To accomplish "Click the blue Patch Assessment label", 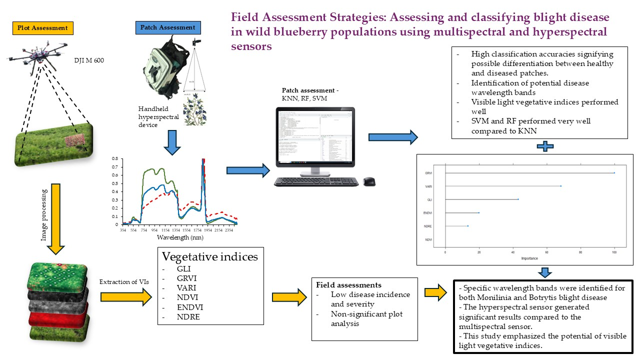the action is pyautogui.click(x=168, y=27).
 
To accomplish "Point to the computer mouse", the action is pyautogui.click(x=369, y=182).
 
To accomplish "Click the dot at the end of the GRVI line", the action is pyautogui.click(x=614, y=173).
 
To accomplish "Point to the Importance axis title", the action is pyautogui.click(x=529, y=258).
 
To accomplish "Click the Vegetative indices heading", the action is pyautogui.click(x=209, y=257).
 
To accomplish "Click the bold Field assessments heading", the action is pyautogui.click(x=345, y=285).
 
